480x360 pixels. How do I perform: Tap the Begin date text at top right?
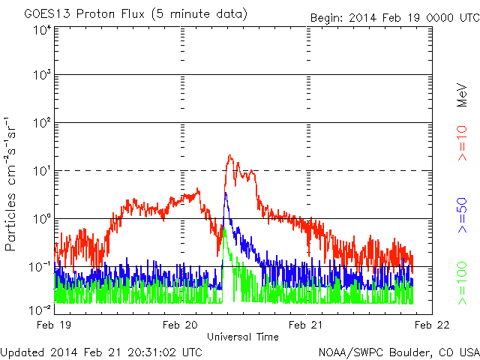(x=395, y=18)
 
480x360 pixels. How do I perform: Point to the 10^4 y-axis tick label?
(x=42, y=30)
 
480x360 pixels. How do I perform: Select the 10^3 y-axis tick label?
(x=42, y=74)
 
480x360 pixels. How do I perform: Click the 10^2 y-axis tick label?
(x=42, y=122)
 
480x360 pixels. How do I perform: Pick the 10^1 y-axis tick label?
(x=42, y=170)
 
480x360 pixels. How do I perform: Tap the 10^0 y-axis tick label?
(x=42, y=218)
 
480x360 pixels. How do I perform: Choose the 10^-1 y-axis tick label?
(x=40, y=267)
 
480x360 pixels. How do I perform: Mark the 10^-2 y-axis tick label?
(x=40, y=310)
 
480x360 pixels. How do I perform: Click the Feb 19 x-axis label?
(x=54, y=325)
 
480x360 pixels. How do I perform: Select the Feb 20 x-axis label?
(x=180, y=325)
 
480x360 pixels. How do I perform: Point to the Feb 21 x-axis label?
(x=306, y=325)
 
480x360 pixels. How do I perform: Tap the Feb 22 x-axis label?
(x=432, y=325)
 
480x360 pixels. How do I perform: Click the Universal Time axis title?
(x=243, y=337)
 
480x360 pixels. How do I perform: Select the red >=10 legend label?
(x=462, y=143)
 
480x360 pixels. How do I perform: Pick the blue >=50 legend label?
(x=462, y=215)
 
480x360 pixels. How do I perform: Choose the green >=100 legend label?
(x=462, y=283)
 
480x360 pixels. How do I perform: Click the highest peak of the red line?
(x=230, y=155)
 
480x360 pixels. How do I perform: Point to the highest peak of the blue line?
(x=226, y=193)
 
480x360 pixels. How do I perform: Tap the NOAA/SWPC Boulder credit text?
(x=399, y=352)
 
